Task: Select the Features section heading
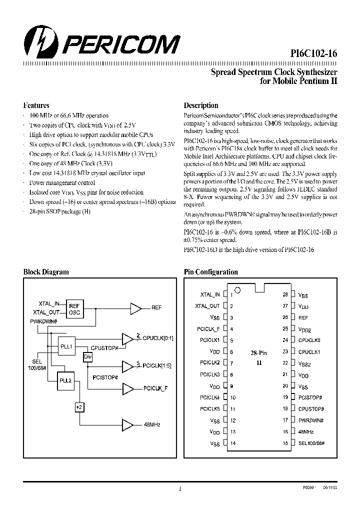[x=36, y=105]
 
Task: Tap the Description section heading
[x=201, y=105]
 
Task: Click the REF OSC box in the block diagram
[x=74, y=309]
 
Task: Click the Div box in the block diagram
[x=88, y=356]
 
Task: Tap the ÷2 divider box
[x=78, y=408]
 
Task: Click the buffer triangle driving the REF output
[x=135, y=307]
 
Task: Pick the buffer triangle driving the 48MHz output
[x=128, y=424]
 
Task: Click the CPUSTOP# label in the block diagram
[x=104, y=347]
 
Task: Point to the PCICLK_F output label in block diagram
[x=155, y=388]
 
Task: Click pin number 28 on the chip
[x=285, y=295]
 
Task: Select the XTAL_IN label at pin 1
[x=210, y=295]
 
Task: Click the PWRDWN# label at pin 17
[x=310, y=420]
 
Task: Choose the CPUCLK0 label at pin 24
[x=309, y=340]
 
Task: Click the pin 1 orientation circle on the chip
[x=238, y=290]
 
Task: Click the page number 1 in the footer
[x=179, y=489]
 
